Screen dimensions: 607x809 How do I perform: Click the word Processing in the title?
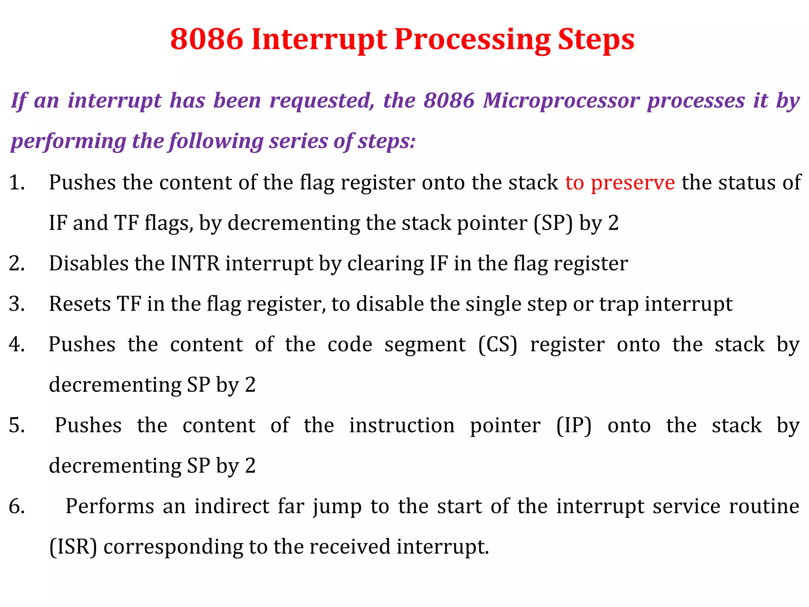(x=472, y=40)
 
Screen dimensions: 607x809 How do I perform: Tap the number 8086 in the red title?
(x=207, y=40)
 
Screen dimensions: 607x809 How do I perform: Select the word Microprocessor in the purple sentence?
(x=561, y=100)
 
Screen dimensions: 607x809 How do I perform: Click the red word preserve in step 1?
(x=633, y=183)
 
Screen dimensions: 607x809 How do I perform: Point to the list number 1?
(x=17, y=183)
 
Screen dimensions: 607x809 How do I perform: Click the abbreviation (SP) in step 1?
(x=553, y=223)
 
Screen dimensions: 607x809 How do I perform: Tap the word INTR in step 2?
(x=195, y=264)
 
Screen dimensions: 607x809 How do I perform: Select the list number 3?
(x=17, y=304)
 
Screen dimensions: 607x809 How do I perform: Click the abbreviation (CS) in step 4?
(x=497, y=345)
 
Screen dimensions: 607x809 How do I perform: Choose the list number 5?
(x=17, y=426)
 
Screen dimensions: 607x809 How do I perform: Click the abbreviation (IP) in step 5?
(x=574, y=426)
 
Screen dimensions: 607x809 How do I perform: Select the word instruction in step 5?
(x=402, y=426)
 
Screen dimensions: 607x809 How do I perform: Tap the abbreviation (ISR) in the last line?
(x=73, y=547)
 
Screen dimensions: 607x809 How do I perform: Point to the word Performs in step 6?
(x=109, y=506)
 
